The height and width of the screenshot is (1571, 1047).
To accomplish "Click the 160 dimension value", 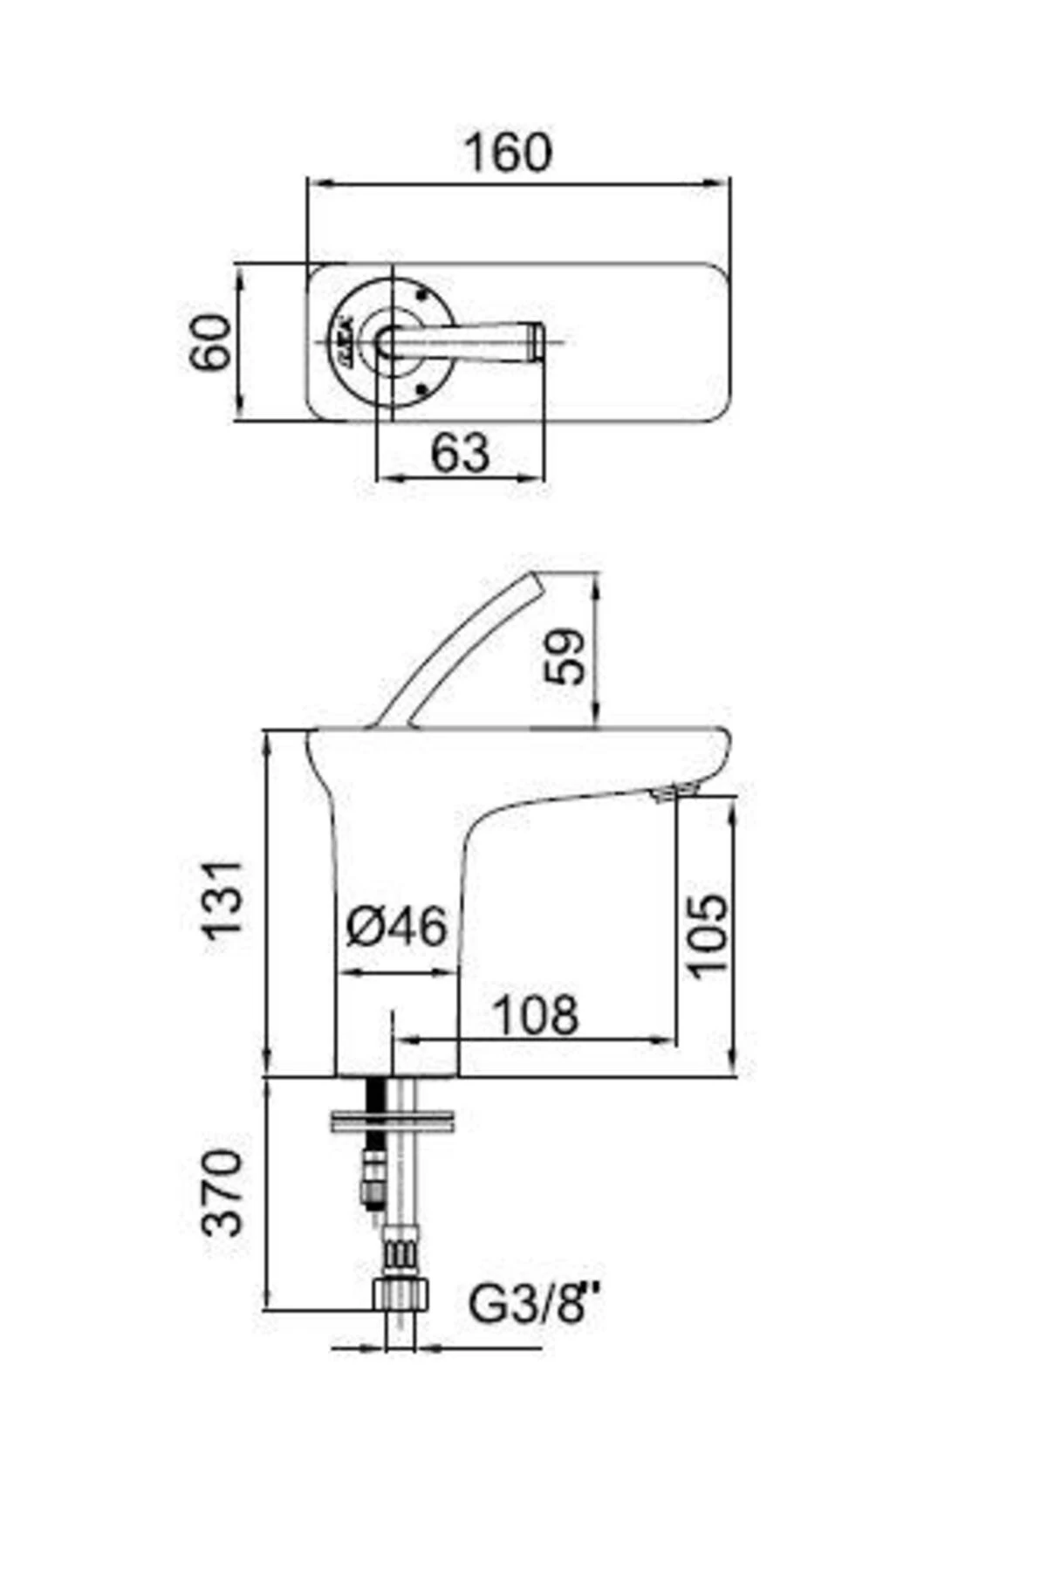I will pyautogui.click(x=508, y=152).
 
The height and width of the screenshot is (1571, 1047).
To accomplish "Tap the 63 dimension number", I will pyautogui.click(x=461, y=452).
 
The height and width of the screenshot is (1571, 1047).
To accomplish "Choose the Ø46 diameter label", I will pyautogui.click(x=396, y=926).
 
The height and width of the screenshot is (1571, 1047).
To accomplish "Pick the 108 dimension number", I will pyautogui.click(x=536, y=1015).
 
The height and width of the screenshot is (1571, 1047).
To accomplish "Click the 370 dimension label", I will pyautogui.click(x=222, y=1192).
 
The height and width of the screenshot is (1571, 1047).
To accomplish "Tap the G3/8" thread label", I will pyautogui.click(x=536, y=1305).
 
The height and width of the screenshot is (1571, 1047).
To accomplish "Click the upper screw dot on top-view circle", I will pyautogui.click(x=423, y=294).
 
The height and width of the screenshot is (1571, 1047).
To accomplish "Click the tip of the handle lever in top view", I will pyautogui.click(x=536, y=340).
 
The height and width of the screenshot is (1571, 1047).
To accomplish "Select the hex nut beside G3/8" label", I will pyautogui.click(x=400, y=1293).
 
